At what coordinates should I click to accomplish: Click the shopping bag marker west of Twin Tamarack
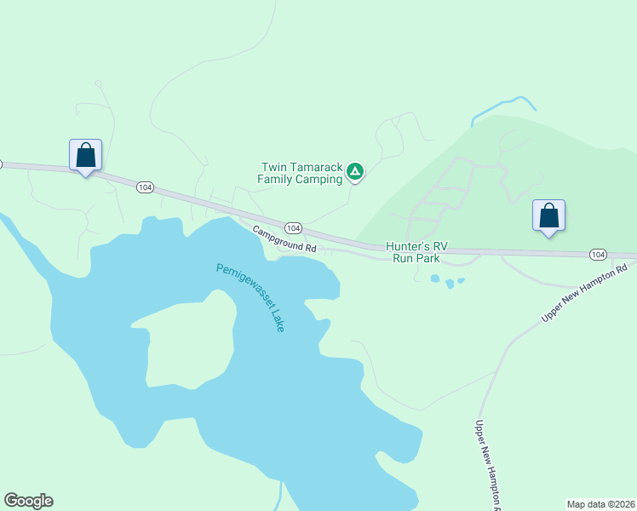click(x=85, y=156)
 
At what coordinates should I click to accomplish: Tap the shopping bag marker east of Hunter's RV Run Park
click(x=549, y=215)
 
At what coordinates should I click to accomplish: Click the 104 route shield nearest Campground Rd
click(x=293, y=228)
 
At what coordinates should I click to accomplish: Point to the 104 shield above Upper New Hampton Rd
click(x=598, y=255)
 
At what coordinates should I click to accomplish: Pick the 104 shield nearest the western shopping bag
click(x=144, y=187)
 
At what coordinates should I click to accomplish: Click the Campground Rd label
click(x=284, y=241)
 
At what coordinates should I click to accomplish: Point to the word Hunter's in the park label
click(x=406, y=245)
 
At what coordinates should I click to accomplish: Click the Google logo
click(x=28, y=501)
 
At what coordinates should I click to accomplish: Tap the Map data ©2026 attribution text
click(x=600, y=503)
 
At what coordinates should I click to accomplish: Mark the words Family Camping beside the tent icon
click(x=300, y=180)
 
